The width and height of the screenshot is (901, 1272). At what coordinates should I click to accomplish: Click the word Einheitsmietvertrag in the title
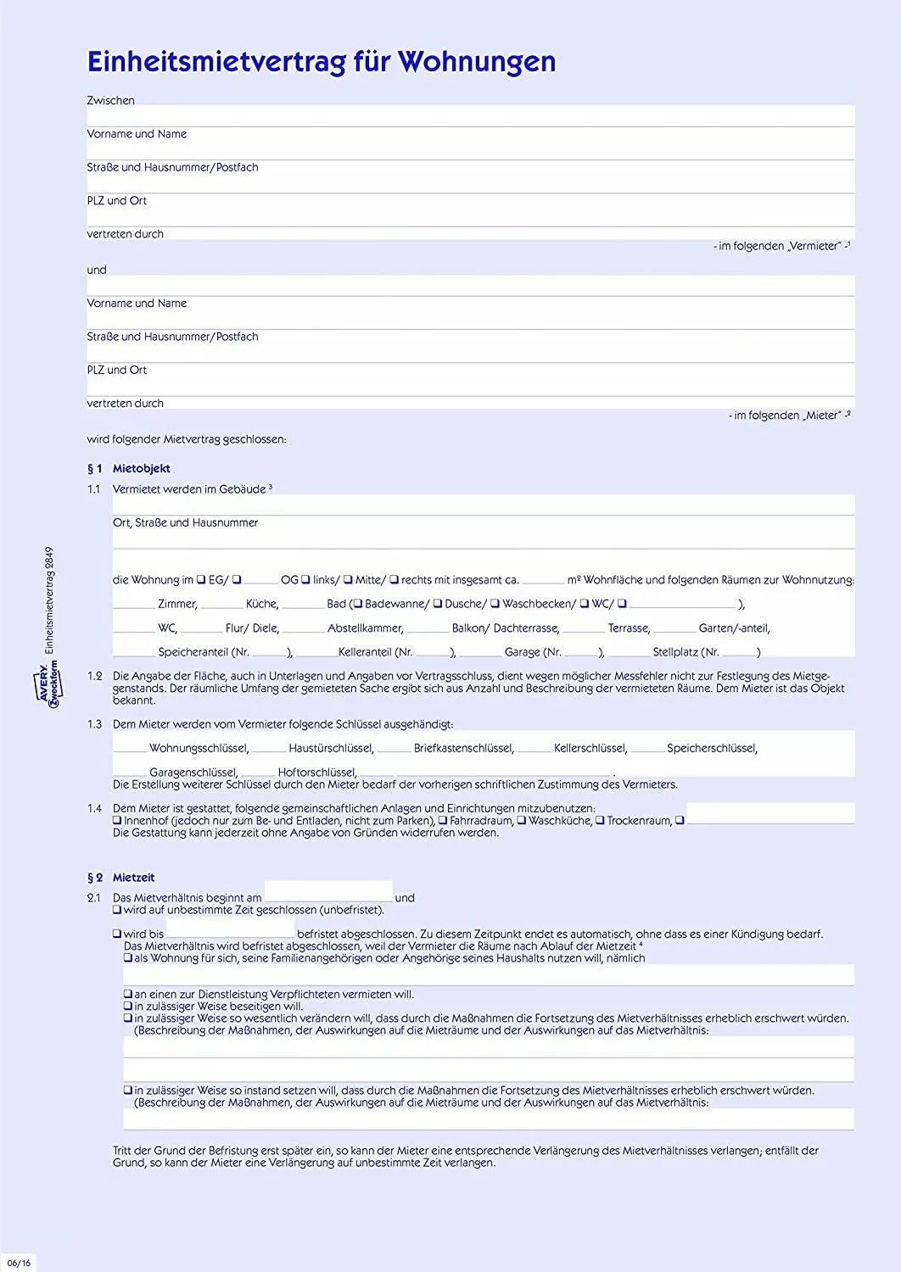pyautogui.click(x=216, y=61)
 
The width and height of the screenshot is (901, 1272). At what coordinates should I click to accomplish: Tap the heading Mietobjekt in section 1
pyautogui.click(x=141, y=468)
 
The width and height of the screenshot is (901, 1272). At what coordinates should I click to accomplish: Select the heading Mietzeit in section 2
pyautogui.click(x=133, y=878)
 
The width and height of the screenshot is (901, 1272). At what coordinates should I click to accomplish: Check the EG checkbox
pyautogui.click(x=201, y=580)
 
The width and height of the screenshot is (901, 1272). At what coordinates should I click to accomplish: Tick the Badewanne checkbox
pyautogui.click(x=358, y=604)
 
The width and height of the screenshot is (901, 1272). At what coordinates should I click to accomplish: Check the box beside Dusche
pyautogui.click(x=438, y=604)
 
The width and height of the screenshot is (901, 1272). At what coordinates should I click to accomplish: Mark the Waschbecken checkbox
pyautogui.click(x=495, y=604)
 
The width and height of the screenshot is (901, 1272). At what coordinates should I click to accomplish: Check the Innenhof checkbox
pyautogui.click(x=117, y=821)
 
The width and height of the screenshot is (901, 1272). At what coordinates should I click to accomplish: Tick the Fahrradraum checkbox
pyautogui.click(x=443, y=821)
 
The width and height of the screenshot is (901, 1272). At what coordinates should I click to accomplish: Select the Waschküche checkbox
pyautogui.click(x=522, y=821)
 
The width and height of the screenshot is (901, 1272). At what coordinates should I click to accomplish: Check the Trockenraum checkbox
pyautogui.click(x=600, y=821)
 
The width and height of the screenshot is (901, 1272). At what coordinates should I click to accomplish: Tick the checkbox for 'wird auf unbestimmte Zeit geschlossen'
pyautogui.click(x=117, y=910)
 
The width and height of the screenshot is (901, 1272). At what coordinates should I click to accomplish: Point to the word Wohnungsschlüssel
pyautogui.click(x=199, y=748)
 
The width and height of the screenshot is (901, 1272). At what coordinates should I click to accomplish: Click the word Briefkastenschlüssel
pyautogui.click(x=463, y=748)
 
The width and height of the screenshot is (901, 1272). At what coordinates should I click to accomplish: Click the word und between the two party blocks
pyautogui.click(x=97, y=270)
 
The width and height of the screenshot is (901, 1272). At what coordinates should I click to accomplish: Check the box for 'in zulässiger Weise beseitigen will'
pyautogui.click(x=128, y=1007)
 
